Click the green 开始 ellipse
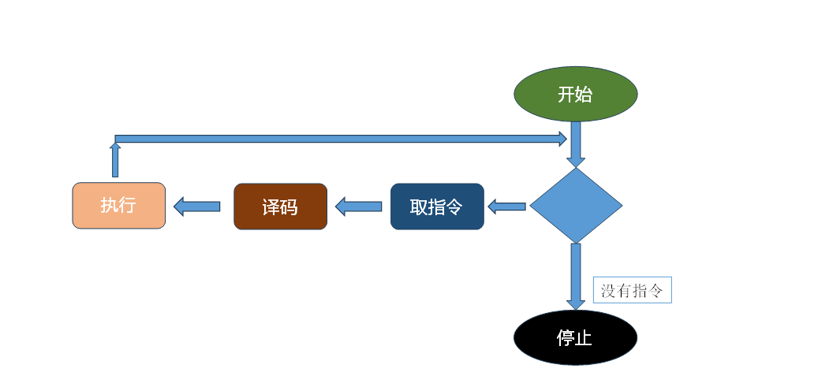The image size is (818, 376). (575, 94)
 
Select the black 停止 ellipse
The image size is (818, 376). (575, 338)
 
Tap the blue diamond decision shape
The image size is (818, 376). (576, 206)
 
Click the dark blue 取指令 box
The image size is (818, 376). (437, 207)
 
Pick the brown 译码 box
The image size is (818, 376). (280, 207)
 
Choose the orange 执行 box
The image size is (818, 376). (119, 206)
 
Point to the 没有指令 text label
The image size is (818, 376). (632, 290)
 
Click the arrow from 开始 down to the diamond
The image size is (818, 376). (576, 143)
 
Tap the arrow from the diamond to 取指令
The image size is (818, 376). (506, 207)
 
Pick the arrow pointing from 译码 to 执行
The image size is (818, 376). (196, 207)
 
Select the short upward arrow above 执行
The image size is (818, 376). (115, 160)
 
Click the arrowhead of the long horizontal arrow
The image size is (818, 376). (562, 139)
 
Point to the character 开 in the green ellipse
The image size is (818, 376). (566, 95)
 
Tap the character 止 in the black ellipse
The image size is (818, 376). (584, 339)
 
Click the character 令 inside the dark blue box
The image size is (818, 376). (454, 207)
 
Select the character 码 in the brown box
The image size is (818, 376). (289, 207)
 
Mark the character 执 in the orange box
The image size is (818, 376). (110, 206)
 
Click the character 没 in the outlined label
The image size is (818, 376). (608, 290)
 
